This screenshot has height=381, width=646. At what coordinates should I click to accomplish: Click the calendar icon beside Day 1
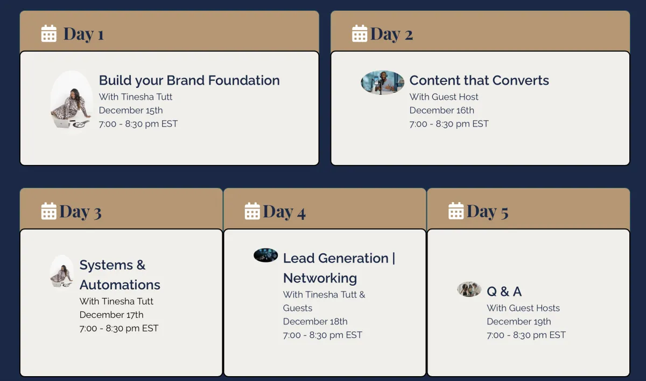[x=49, y=33]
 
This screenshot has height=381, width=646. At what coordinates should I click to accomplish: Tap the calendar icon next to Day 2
[x=360, y=33]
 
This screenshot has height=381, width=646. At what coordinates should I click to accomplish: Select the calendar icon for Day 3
[x=49, y=211]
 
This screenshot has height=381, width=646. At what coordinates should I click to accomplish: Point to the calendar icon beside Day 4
[x=252, y=211]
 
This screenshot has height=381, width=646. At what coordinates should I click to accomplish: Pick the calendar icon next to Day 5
[x=456, y=211]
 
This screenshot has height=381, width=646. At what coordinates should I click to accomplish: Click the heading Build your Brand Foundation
[x=189, y=80]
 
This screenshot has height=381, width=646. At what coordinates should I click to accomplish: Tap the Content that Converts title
[x=479, y=80]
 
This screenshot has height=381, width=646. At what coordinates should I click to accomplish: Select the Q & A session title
[x=504, y=291]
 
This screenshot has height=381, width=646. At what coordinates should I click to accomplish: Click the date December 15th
[x=131, y=110]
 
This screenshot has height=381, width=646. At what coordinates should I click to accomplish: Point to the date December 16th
[x=441, y=110]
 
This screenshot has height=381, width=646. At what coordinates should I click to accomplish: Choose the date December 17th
[x=111, y=315]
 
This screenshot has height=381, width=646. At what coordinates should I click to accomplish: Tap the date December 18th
[x=315, y=321]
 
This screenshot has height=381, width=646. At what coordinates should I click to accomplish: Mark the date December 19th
[x=519, y=321]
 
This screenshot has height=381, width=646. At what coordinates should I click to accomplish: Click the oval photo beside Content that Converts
[x=382, y=82]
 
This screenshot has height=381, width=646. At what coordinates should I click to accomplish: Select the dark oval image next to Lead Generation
[x=265, y=255]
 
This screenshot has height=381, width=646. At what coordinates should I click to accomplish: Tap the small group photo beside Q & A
[x=469, y=289]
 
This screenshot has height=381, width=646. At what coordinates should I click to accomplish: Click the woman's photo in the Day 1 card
[x=72, y=100]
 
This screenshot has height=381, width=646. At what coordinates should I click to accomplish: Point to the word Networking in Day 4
[x=320, y=278]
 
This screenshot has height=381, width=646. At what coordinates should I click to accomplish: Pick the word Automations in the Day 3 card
[x=120, y=285]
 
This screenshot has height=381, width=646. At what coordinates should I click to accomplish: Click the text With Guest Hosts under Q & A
[x=523, y=308]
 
